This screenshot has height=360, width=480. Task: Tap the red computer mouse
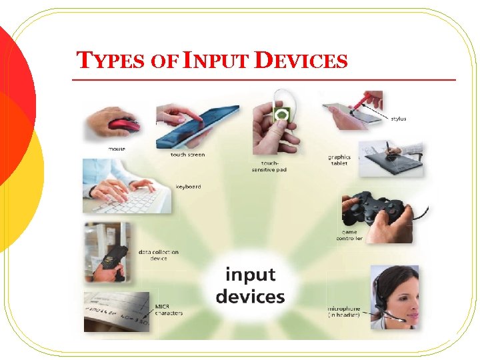(123, 125)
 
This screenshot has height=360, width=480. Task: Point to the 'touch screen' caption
(187, 155)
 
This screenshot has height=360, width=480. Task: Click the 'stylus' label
(397, 119)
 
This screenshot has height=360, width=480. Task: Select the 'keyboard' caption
(188, 187)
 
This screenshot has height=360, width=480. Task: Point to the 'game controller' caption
(349, 235)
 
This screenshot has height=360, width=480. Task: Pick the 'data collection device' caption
(157, 255)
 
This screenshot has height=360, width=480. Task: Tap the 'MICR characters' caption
(168, 310)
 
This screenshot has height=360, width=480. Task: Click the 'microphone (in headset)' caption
(344, 312)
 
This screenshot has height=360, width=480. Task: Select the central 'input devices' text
(249, 286)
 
